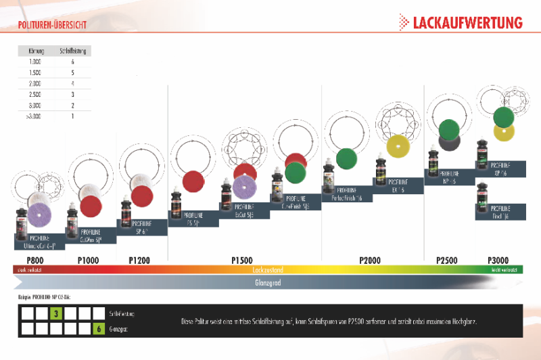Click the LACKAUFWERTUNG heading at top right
pos(467,22)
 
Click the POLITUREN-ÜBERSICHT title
pos(51,26)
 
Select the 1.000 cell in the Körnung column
pos(35,62)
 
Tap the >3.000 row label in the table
pos(34,116)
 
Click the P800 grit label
pos(35,260)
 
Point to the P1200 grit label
pos(139,260)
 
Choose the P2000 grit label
pos(370,260)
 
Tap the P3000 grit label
pos(499,260)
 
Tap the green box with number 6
pos(99,329)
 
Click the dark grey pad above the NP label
pos(449,141)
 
